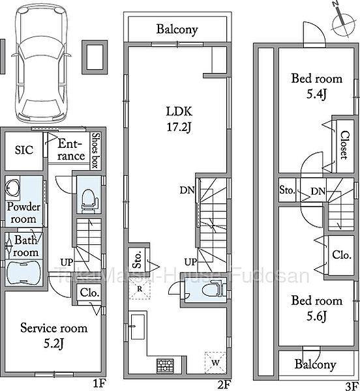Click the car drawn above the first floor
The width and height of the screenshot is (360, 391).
point(41,65)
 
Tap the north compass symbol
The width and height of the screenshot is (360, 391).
point(343,22)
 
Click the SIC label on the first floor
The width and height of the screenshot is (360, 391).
point(23,150)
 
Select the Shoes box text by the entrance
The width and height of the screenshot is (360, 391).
point(96,151)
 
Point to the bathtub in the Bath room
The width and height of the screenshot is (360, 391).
point(23,273)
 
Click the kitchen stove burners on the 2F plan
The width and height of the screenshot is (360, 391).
point(165,366)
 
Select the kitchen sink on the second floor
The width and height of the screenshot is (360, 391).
point(138,326)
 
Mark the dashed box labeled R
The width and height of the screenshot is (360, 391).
point(140,289)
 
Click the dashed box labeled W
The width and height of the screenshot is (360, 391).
point(215,362)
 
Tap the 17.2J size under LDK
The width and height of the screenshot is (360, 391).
point(179,128)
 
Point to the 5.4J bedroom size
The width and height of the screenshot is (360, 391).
point(316,94)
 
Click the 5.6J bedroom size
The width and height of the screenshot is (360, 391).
point(316,317)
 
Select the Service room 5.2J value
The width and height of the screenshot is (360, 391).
point(53,344)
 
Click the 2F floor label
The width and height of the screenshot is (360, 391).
point(224,384)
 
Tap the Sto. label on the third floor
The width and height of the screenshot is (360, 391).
point(287,190)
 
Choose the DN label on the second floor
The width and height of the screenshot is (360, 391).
point(187,190)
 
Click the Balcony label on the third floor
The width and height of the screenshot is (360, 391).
point(315,364)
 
